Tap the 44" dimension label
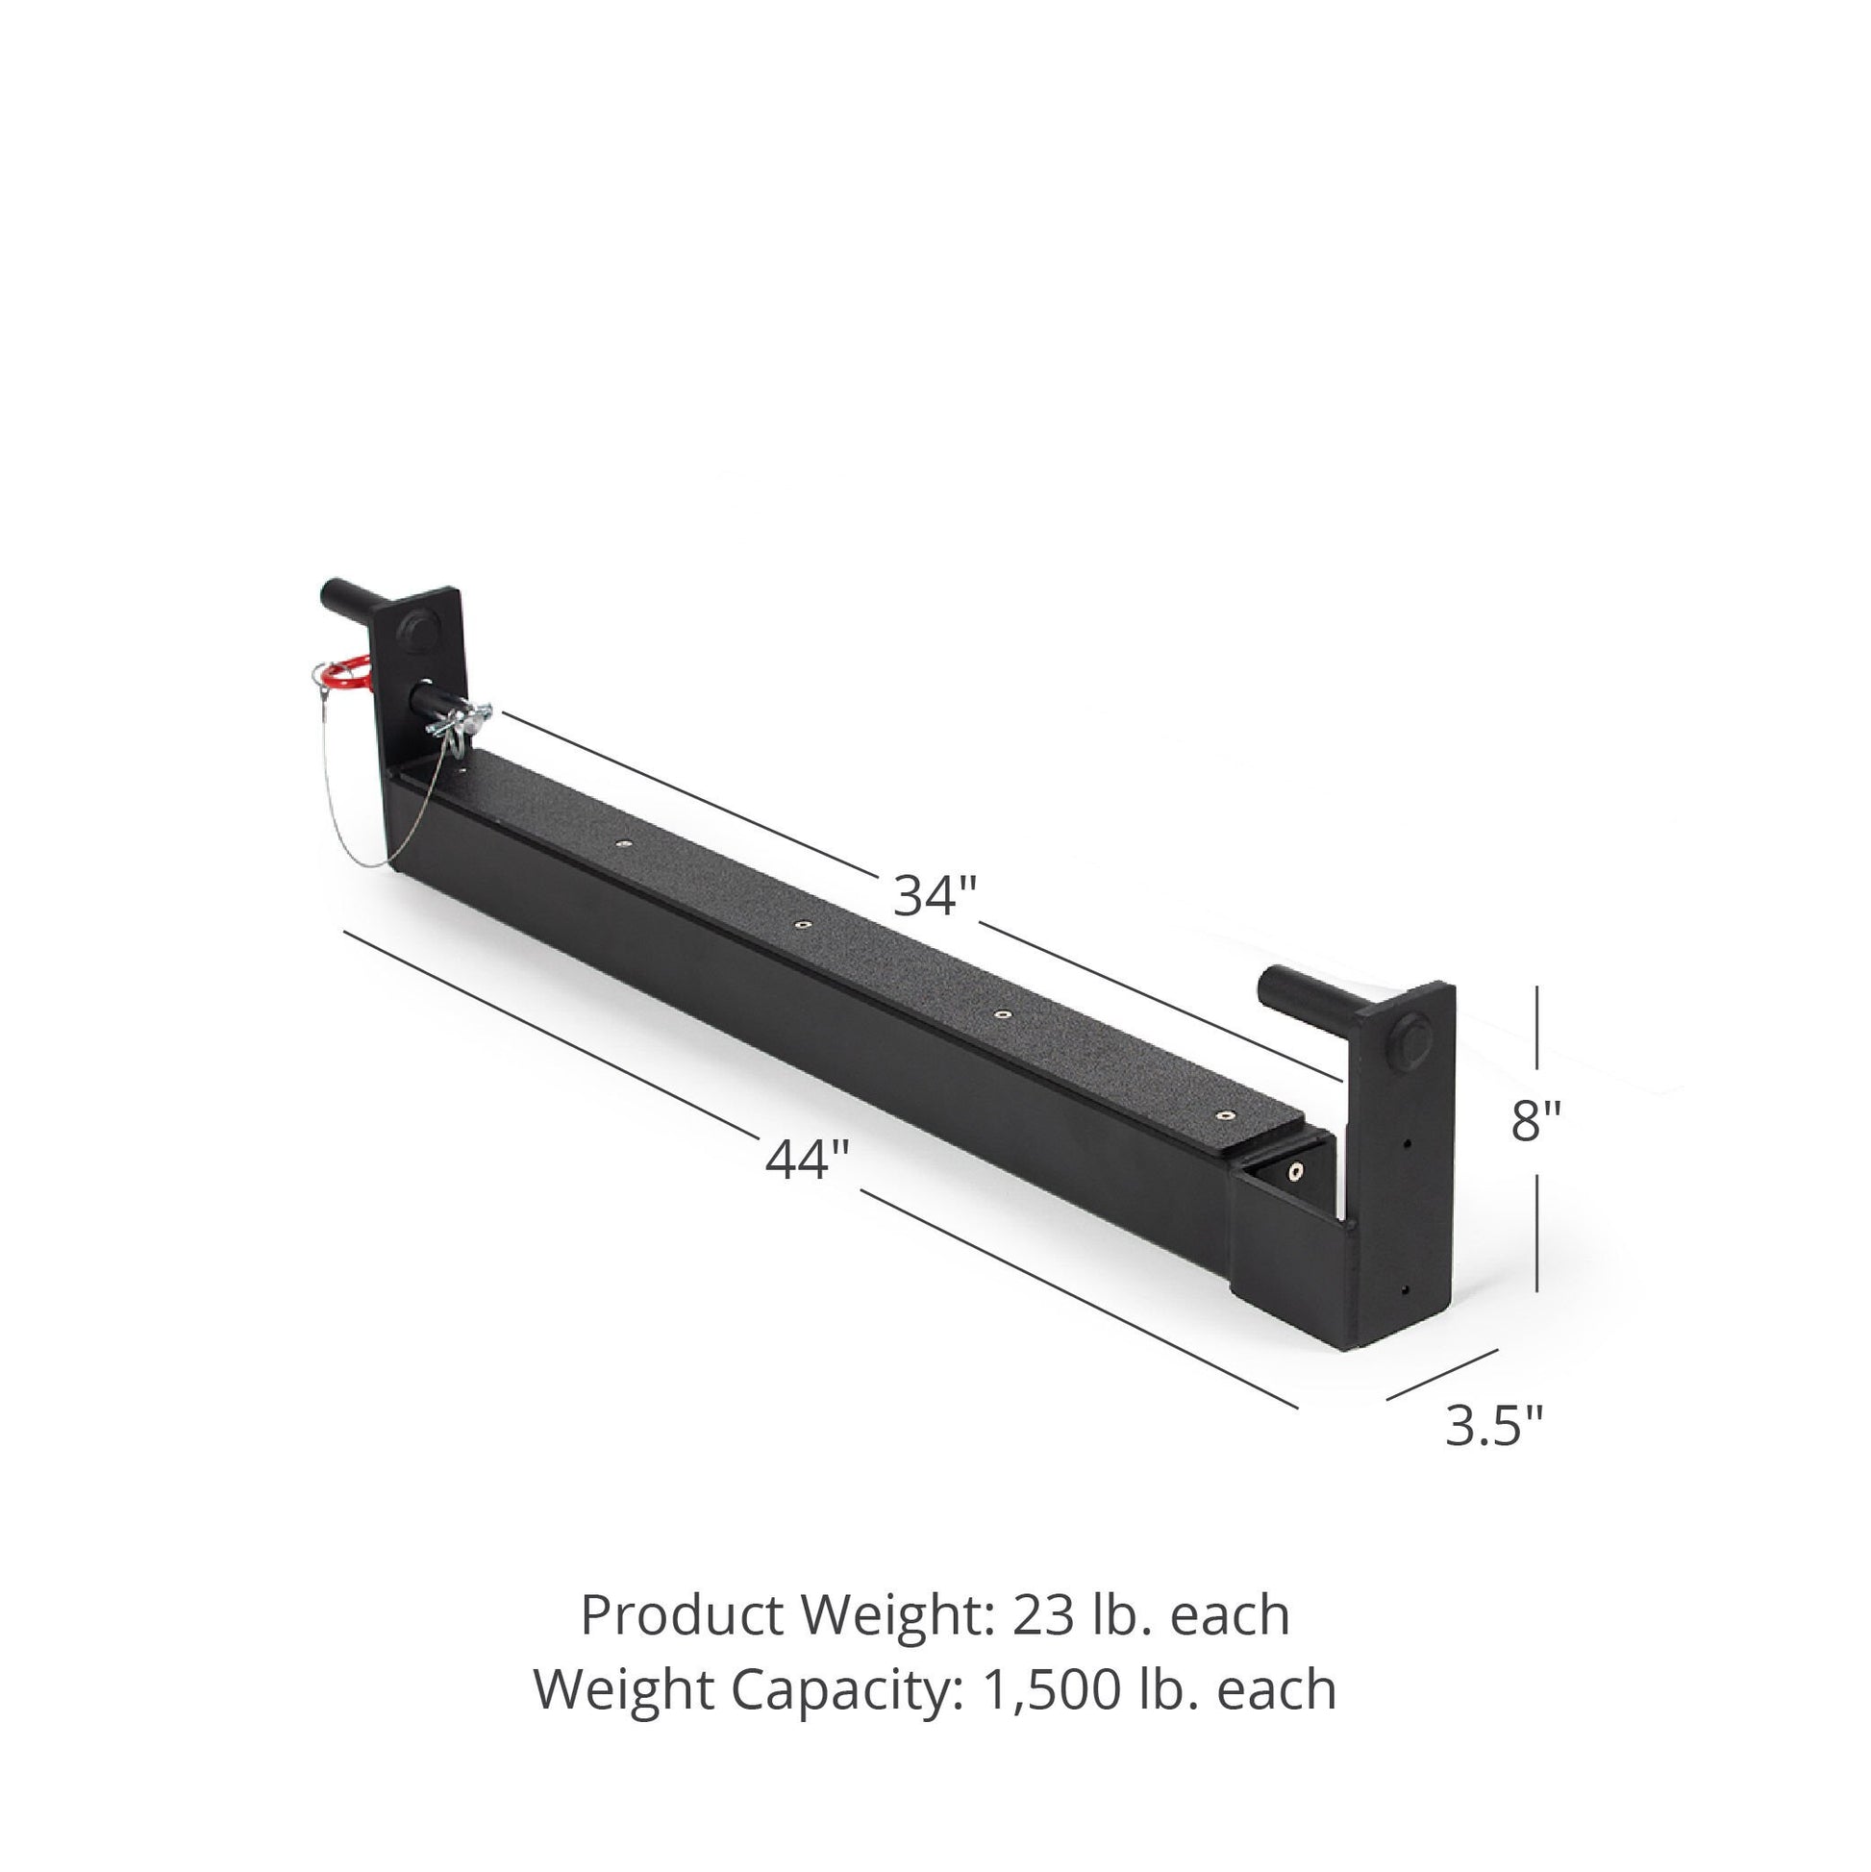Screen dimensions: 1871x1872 [x=807, y=1159]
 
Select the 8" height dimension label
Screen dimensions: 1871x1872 [x=1536, y=1121]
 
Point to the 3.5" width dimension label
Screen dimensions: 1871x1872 [x=1494, y=1425]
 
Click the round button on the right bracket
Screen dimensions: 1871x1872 [x=1409, y=1041]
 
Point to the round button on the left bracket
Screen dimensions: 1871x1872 [x=421, y=630]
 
